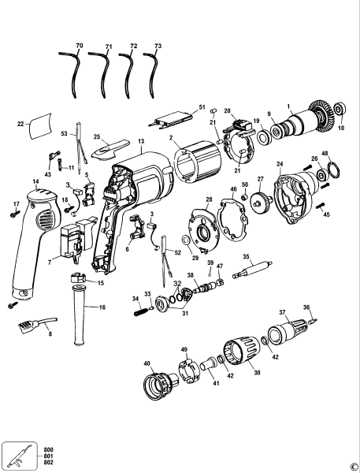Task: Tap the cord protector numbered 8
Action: [31, 323]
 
